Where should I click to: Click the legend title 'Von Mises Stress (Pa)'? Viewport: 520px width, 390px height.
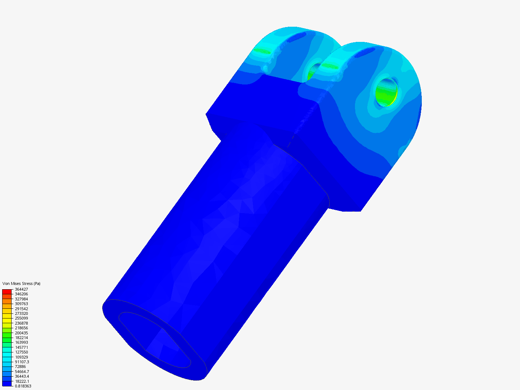[x=21, y=283]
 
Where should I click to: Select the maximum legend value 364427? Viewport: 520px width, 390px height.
[x=21, y=289]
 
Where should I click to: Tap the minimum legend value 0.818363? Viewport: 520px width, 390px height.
[x=23, y=386]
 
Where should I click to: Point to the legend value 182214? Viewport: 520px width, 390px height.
[x=21, y=338]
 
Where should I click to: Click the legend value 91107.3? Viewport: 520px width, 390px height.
[x=22, y=362]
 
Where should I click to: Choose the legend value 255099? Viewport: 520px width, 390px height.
[x=21, y=318]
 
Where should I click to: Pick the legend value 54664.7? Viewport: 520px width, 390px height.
[x=22, y=372]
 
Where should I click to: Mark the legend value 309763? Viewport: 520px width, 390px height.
[x=21, y=304]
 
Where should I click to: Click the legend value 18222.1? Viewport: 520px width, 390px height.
[x=22, y=381]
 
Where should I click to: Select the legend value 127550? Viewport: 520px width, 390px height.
[x=21, y=352]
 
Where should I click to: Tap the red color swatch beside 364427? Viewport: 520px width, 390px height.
[x=7, y=291]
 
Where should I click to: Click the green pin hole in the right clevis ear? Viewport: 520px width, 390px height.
[x=386, y=92]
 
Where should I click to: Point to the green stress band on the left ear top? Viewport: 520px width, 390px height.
[x=261, y=51]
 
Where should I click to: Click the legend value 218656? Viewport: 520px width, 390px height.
[x=21, y=328]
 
